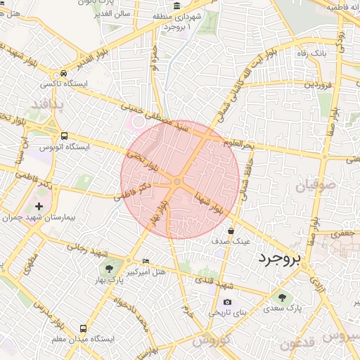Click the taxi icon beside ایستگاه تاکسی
(x=64, y=72)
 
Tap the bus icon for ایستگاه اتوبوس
(x=64, y=136)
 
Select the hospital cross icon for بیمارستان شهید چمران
(x=38, y=207)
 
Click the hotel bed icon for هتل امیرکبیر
(x=146, y=261)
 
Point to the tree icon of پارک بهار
(x=108, y=268)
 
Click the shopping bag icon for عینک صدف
(x=231, y=231)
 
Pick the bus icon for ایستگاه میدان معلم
(x=84, y=328)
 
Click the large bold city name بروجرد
(x=278, y=259)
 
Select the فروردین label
(x=317, y=84)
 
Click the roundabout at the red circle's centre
(x=177, y=182)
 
